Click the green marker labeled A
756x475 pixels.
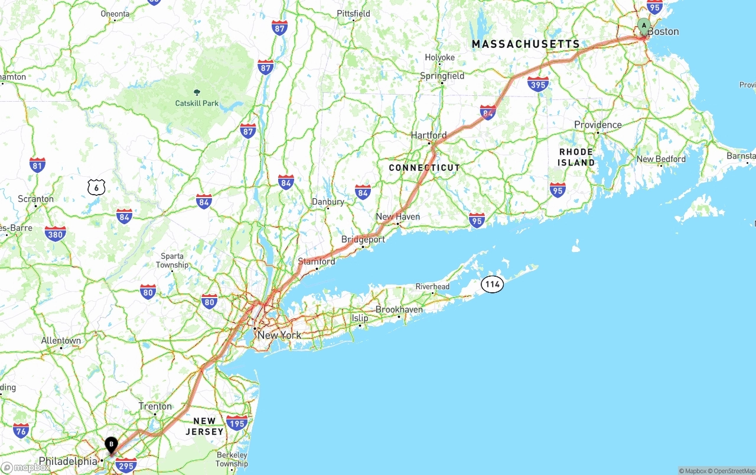(644, 26)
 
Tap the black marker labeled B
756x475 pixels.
(111, 445)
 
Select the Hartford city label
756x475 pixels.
(429, 135)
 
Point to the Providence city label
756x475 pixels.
(598, 125)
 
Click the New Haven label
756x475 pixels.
(397, 217)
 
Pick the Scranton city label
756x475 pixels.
(35, 199)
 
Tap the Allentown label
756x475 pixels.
(61, 341)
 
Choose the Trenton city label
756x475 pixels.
(155, 406)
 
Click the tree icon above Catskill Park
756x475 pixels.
(197, 92)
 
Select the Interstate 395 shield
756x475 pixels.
(538, 84)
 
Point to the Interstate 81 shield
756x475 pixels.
(37, 164)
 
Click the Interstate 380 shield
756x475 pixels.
(55, 234)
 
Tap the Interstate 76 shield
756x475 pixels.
(21, 431)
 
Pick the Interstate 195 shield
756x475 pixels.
(237, 422)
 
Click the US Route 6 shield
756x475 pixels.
(96, 188)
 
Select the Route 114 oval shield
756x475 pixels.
(492, 284)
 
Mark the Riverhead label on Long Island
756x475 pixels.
(432, 287)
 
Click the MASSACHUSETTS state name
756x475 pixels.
(526, 44)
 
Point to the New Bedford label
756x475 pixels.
(661, 159)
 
